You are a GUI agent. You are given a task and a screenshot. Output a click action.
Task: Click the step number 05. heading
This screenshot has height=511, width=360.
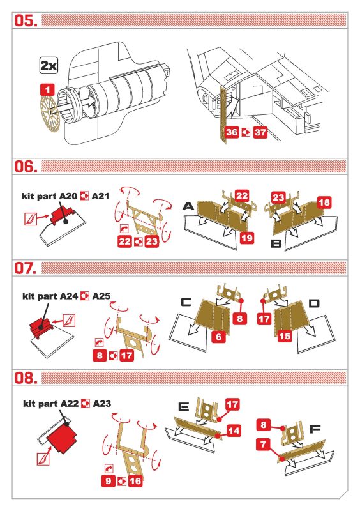pyautogui.click(x=26, y=20)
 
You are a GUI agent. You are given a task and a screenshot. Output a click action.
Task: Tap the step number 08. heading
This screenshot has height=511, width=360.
pyautogui.click(x=26, y=378)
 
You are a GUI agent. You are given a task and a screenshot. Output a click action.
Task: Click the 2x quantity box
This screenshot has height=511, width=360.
pyautogui.click(x=49, y=66)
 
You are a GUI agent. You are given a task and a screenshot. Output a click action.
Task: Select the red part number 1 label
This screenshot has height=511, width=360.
pyautogui.click(x=48, y=89)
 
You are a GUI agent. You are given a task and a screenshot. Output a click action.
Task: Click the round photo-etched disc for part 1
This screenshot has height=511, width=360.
pyautogui.click(x=50, y=114)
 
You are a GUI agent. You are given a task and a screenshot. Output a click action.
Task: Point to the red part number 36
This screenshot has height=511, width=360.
pyautogui.click(x=232, y=132)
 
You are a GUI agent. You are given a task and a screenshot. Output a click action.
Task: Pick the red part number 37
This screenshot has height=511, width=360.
pyautogui.click(x=260, y=132)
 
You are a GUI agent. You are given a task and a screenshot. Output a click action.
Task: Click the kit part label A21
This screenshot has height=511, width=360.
pyautogui.click(x=100, y=196)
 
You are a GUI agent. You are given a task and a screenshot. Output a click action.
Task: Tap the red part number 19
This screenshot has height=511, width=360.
pyautogui.click(x=246, y=238)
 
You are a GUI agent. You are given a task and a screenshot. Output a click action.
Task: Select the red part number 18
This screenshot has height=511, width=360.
pyautogui.click(x=324, y=202)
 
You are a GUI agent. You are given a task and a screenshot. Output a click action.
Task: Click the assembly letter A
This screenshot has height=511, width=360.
pyautogui.click(x=188, y=206)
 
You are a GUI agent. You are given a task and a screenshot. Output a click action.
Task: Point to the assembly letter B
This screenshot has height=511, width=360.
pyautogui.click(x=276, y=243)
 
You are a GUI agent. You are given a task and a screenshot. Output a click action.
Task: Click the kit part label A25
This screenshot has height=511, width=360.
pyautogui.click(x=101, y=296)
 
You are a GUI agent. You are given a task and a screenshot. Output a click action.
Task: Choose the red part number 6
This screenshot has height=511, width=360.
pyautogui.click(x=218, y=337)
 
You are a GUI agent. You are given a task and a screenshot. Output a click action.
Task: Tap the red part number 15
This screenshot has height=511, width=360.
pyautogui.click(x=284, y=336)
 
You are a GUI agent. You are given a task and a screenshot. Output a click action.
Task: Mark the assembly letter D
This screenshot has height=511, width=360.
pyautogui.click(x=314, y=304)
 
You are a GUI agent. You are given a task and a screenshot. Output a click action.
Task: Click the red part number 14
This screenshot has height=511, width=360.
pyautogui.click(x=234, y=431)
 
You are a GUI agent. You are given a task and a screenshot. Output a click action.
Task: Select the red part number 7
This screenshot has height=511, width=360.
pyautogui.click(x=263, y=444)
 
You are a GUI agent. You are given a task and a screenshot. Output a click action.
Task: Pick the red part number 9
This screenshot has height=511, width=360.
pyautogui.click(x=109, y=481)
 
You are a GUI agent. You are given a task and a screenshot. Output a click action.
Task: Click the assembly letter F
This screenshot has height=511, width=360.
pyautogui.click(x=315, y=429)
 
